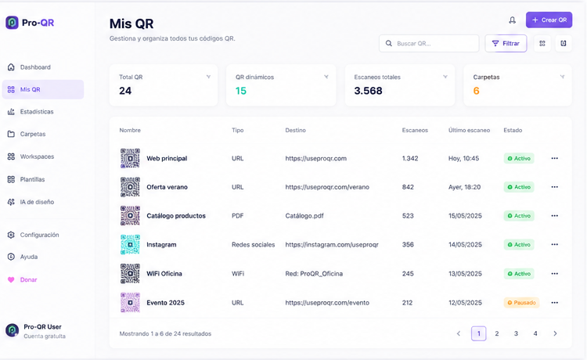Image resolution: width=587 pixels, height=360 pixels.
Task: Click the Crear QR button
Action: point(549,20)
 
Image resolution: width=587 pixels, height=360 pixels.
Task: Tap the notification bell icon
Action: point(512,20)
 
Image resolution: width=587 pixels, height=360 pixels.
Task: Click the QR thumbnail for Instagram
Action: point(130,244)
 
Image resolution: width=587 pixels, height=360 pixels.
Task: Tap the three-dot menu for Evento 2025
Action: point(554,302)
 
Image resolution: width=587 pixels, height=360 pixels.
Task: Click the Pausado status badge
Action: point(521,302)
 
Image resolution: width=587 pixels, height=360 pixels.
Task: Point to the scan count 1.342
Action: point(410,158)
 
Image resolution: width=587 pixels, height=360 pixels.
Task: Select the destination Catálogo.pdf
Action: point(304,215)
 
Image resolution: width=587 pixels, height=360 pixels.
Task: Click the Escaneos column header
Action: point(415,130)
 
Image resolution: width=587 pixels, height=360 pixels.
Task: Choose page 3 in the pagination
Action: point(516,333)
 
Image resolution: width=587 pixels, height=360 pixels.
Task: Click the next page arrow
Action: point(555,333)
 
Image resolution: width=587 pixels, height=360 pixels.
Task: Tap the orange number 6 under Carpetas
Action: point(476,91)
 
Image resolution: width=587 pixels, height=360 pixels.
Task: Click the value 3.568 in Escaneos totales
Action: point(369,91)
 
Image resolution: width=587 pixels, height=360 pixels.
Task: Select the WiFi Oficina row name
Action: point(164,274)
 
